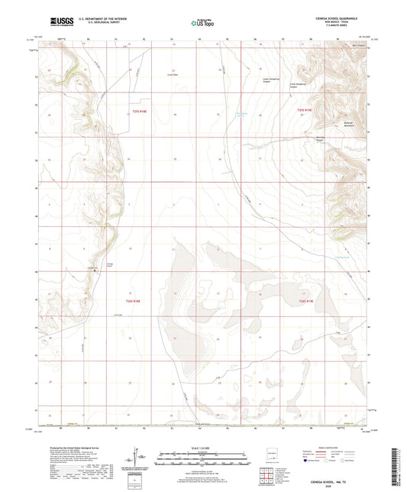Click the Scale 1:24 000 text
click(x=202, y=446)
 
